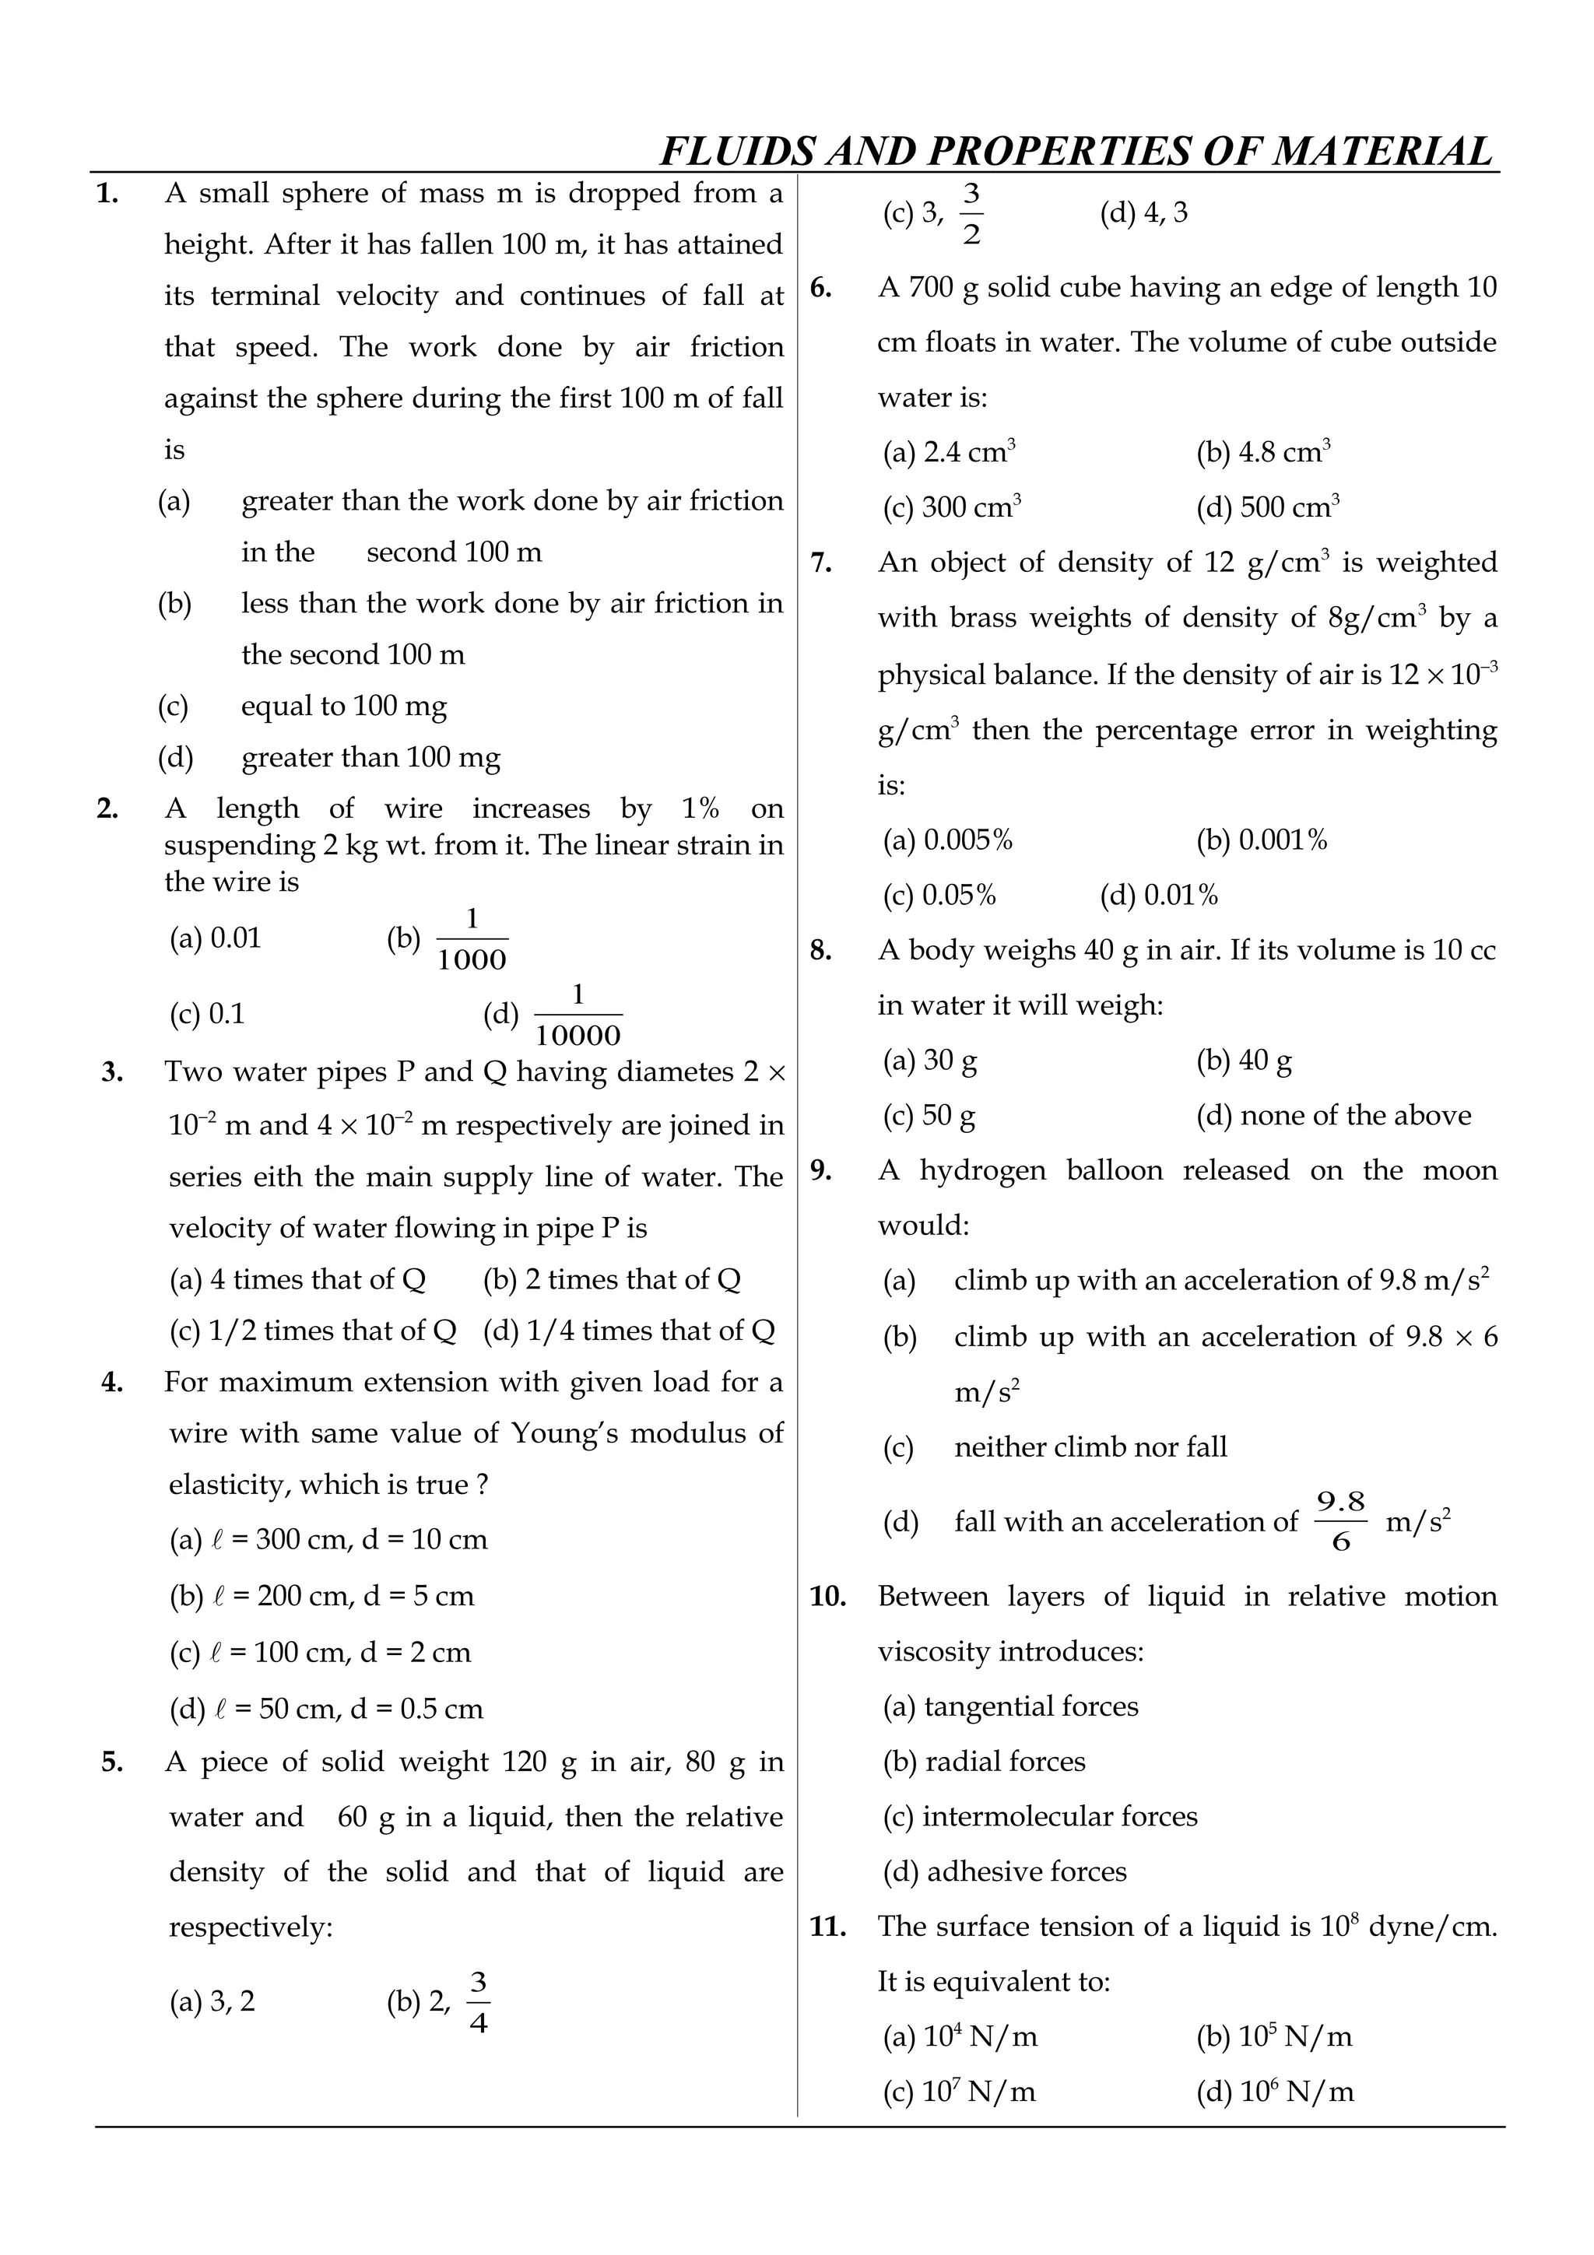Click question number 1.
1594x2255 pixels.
[x=107, y=195]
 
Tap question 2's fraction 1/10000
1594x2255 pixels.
[x=578, y=1016]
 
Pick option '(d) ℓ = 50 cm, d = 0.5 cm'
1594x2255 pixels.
[x=326, y=1709]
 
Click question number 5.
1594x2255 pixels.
[x=112, y=1762]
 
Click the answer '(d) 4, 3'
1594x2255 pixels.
[x=1143, y=213]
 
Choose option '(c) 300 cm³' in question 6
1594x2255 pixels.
[x=952, y=508]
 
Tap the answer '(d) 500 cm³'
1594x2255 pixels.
[x=1267, y=508]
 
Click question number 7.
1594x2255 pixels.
[x=821, y=563]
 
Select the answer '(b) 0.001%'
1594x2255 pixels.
[x=1261, y=840]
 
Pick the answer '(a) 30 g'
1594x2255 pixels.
[x=929, y=1061]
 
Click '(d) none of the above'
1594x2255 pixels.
[x=1332, y=1116]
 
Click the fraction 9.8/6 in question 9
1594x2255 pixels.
[x=1340, y=1521]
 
